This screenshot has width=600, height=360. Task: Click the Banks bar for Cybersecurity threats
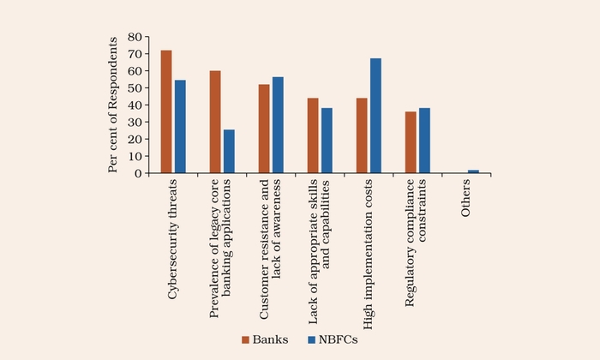(166, 111)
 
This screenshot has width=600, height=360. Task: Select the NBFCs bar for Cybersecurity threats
(180, 127)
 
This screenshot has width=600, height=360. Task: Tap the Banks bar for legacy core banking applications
(215, 122)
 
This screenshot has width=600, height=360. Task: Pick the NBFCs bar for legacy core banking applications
(229, 152)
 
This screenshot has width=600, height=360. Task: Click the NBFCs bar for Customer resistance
(278, 125)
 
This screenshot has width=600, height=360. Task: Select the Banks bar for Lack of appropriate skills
(313, 135)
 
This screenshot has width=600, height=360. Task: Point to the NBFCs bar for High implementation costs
(375, 116)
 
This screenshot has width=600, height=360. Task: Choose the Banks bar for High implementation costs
(362, 135)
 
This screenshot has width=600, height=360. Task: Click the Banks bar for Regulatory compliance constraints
(411, 142)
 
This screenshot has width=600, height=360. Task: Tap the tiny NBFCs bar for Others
(473, 171)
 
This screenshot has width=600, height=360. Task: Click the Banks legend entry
(262, 340)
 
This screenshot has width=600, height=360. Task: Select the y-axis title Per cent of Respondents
(113, 105)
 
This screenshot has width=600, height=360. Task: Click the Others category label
(466, 199)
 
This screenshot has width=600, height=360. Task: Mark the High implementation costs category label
(369, 249)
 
